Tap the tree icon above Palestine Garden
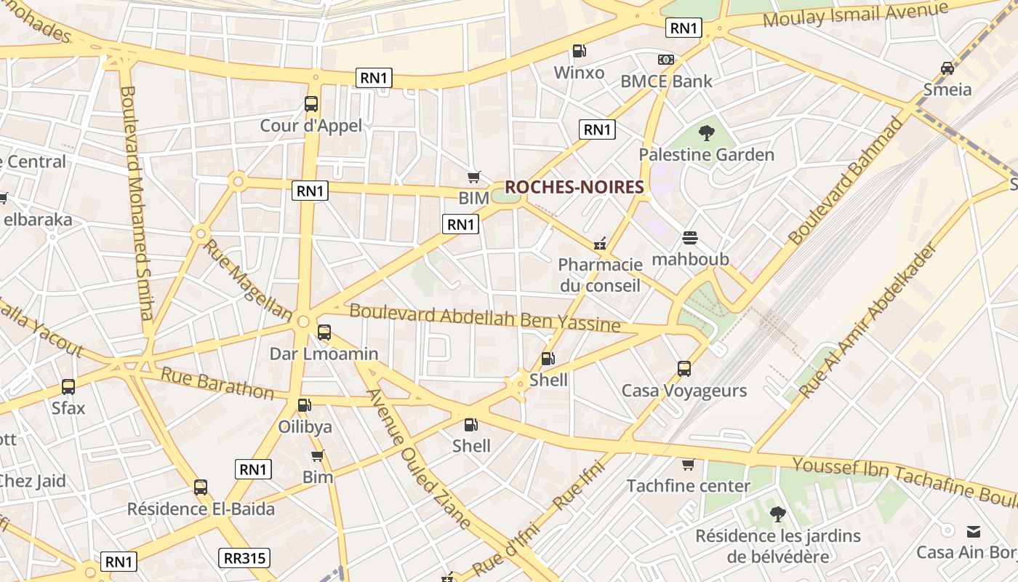point(706,133)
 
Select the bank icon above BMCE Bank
point(665,60)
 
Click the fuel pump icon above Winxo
point(579,51)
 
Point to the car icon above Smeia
point(947,68)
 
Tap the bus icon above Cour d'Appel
point(311,104)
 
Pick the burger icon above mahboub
point(689,238)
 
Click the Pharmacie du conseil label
point(600,275)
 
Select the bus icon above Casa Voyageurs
point(684,369)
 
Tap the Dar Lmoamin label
point(324,354)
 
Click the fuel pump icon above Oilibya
point(304,405)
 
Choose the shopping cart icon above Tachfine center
point(688,464)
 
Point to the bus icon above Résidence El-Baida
point(201,487)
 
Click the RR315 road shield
point(244,558)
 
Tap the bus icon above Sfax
point(68,387)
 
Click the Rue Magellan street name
point(247,279)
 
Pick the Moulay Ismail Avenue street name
point(856,15)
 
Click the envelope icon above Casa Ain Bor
point(974,531)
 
